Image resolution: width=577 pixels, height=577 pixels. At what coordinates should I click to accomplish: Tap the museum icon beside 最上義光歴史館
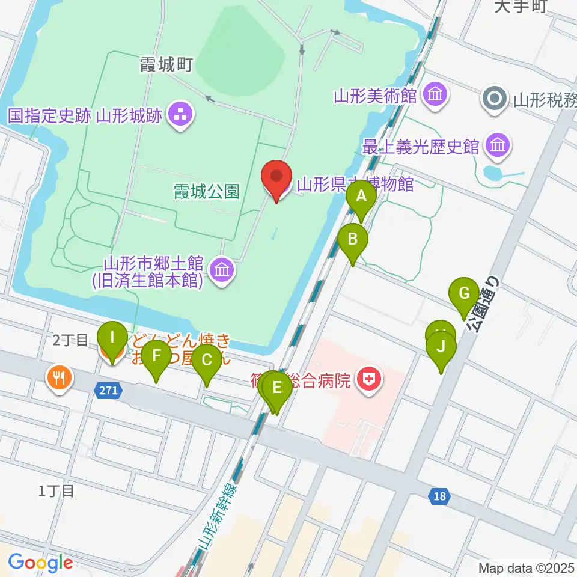pyautogui.click(x=498, y=144)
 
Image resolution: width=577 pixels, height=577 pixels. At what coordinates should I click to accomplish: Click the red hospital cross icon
pyautogui.click(x=367, y=379)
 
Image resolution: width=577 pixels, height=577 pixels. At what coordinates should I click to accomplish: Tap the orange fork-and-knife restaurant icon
pyautogui.click(x=58, y=377)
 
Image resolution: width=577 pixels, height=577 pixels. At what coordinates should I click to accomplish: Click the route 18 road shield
pyautogui.click(x=439, y=496)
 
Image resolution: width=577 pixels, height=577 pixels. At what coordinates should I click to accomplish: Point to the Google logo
pyautogui.click(x=40, y=562)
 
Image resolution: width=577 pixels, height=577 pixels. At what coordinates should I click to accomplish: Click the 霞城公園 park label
pyautogui.click(x=207, y=192)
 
